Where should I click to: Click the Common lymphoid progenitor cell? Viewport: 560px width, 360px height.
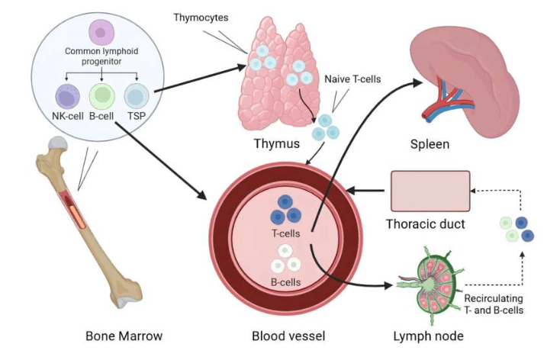[101, 32]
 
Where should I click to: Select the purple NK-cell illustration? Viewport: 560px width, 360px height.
[68, 97]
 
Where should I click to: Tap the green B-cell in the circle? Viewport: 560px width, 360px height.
[101, 97]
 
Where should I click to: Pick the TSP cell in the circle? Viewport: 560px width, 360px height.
[137, 97]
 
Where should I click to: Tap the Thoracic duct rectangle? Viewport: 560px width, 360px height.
[430, 191]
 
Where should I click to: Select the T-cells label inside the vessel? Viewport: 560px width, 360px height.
[286, 233]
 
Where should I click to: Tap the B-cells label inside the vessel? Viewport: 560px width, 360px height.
[286, 282]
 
